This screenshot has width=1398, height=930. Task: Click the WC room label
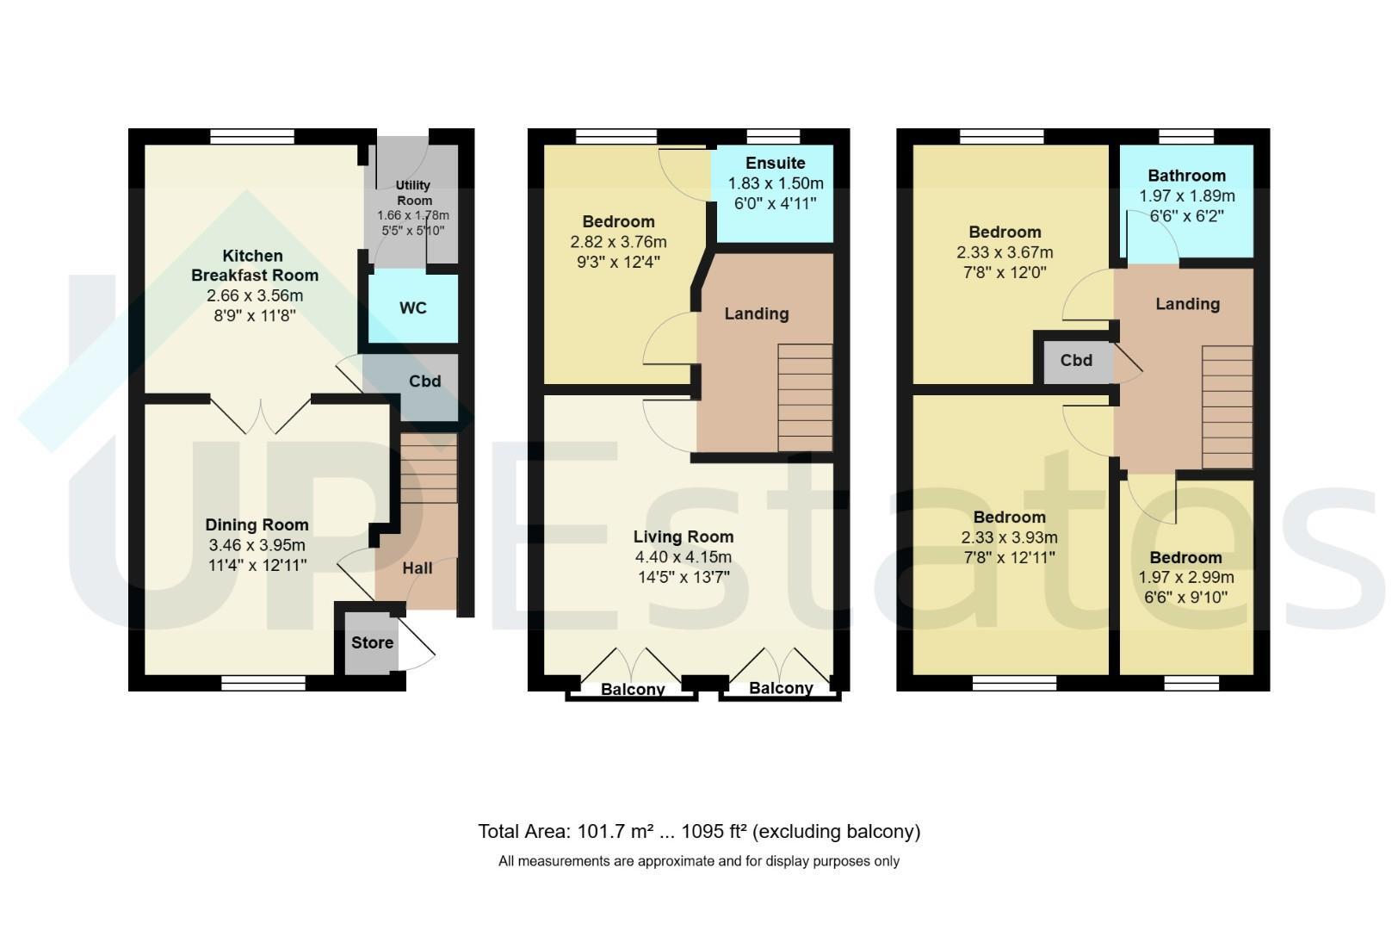tap(413, 307)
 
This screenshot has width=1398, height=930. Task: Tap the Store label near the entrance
tap(372, 642)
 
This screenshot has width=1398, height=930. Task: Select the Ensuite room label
tap(775, 163)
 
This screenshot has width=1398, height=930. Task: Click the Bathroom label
tap(1186, 176)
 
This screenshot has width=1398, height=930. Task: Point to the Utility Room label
tap(413, 193)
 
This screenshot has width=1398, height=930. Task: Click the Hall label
tap(417, 568)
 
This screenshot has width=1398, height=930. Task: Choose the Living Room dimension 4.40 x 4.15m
tap(683, 557)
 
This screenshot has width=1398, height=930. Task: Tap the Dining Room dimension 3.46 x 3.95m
tap(257, 545)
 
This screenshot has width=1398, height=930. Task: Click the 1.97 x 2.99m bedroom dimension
tap(1186, 577)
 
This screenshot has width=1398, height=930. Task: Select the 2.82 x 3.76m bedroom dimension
tap(618, 242)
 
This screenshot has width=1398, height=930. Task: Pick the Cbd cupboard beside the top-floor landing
tap(1076, 362)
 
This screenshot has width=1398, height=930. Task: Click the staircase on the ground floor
tap(428, 468)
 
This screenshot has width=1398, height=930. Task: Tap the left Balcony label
tap(632, 689)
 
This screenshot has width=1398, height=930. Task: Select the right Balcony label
tap(781, 688)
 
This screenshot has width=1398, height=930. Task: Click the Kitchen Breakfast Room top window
tap(252, 136)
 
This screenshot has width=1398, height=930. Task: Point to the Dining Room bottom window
tap(263, 684)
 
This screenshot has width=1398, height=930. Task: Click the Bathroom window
tap(1186, 136)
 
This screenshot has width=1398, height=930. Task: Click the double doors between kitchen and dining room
tap(260, 414)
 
